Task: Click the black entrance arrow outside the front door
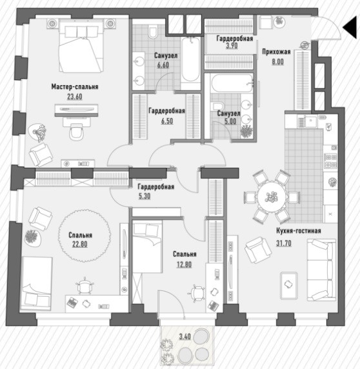pos(351,28)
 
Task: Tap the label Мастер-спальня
pos(75,86)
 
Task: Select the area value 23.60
pos(75,97)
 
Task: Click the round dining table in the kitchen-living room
pos(272,197)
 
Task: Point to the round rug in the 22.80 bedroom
pos(85,235)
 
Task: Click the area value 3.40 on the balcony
pos(185,336)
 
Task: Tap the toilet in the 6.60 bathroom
pos(153,32)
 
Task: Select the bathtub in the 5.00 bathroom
pos(232,83)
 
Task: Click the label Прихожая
pos(276,52)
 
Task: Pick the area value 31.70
pos(283,243)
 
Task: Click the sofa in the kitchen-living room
pos(322,270)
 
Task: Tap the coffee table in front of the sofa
pos(289,285)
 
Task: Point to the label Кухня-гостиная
pos(298,231)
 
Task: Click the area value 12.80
pos(185,264)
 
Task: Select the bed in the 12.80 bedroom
pos(147,246)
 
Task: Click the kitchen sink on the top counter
pos(311,121)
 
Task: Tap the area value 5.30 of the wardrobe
pos(145,196)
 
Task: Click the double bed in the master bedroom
pos(81,46)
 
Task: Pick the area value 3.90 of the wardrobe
pos(232,46)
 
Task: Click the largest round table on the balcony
pos(201,337)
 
